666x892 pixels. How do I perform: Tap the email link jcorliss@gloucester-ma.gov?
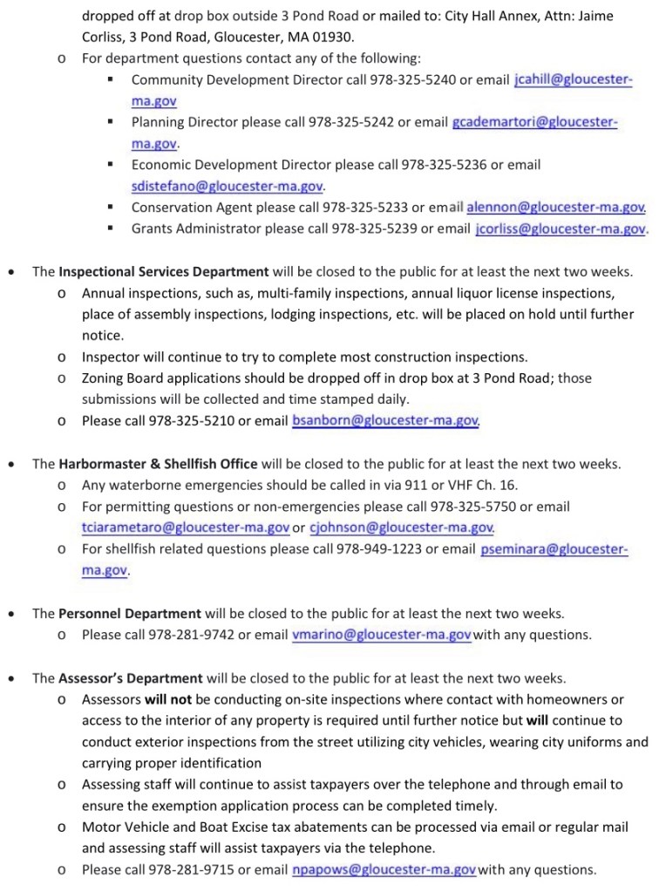561,229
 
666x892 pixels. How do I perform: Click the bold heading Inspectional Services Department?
163,271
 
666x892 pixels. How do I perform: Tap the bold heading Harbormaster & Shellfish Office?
157,464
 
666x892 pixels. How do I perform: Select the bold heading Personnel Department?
130,614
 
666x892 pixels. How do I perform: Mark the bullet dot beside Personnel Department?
10,615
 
